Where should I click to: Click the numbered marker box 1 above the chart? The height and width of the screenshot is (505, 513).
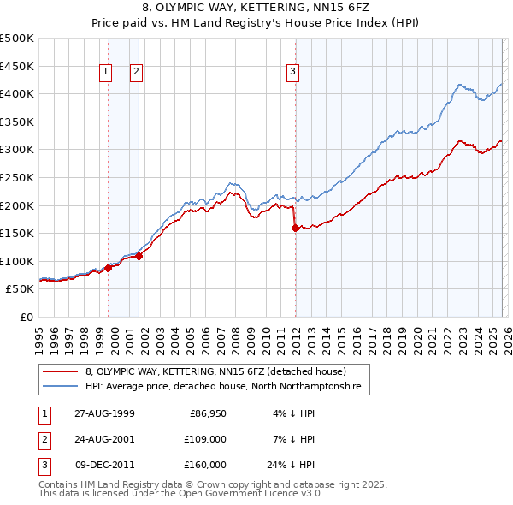tap(106, 73)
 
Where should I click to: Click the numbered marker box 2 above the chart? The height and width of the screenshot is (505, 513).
tap(136, 73)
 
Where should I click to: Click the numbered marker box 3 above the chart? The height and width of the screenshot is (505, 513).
tap(292, 73)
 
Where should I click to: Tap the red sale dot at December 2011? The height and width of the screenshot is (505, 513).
tap(295, 228)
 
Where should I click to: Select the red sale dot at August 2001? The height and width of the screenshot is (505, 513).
tap(139, 256)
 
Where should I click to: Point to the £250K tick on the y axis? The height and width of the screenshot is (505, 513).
tap(17, 177)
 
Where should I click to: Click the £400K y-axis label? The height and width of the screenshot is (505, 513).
tap(17, 93)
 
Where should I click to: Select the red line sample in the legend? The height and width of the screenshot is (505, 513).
tap(62, 371)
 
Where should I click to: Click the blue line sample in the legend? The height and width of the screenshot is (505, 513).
tap(62, 387)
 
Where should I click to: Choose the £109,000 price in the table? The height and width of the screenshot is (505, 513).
tap(205, 439)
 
